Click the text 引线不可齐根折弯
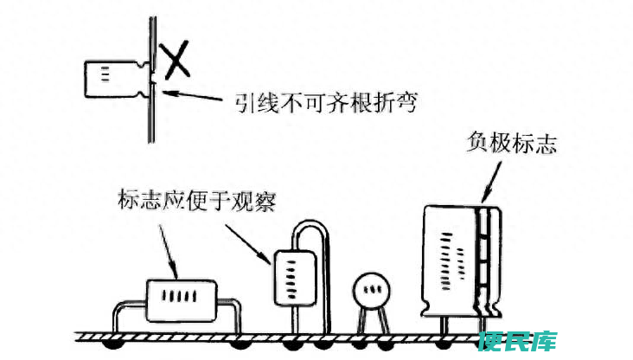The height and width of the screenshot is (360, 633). [326, 103]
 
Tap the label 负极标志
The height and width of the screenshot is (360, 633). [511, 143]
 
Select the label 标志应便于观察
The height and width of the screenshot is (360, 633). [197, 201]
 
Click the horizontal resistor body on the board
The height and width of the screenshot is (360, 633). [182, 300]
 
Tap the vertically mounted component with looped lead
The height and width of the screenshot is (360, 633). [295, 279]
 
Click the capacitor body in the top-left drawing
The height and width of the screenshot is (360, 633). [114, 79]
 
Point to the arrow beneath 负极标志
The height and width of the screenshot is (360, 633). [491, 182]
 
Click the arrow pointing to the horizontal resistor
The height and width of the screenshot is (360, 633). [168, 251]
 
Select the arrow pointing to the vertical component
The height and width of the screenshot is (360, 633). [247, 244]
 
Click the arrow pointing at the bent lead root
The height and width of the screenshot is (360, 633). [192, 96]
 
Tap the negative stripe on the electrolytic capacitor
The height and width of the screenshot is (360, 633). [483, 261]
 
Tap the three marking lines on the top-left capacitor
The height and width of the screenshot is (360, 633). [105, 74]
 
